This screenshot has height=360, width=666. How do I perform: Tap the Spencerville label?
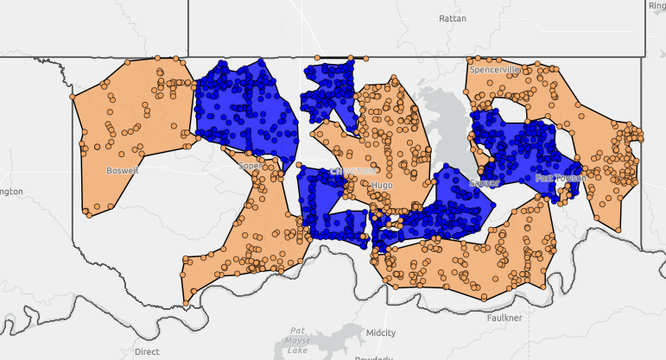495,69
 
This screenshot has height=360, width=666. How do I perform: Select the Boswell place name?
122,170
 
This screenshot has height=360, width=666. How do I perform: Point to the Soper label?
249,165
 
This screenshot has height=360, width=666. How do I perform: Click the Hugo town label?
381,186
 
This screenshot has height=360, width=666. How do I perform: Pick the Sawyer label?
484,184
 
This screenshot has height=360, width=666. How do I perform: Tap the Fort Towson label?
560,179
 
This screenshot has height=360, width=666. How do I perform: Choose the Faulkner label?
504,318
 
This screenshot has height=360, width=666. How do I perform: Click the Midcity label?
381,332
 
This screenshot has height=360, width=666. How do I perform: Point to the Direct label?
147,351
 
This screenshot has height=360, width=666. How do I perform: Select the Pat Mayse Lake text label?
298,340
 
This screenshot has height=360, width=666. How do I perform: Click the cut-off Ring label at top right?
656,6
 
